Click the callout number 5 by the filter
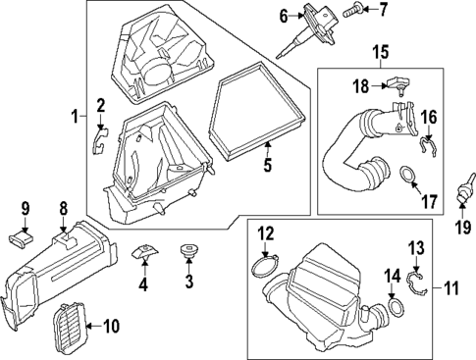click(x=267, y=168)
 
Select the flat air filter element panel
click(x=258, y=108)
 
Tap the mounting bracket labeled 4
click(x=143, y=254)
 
